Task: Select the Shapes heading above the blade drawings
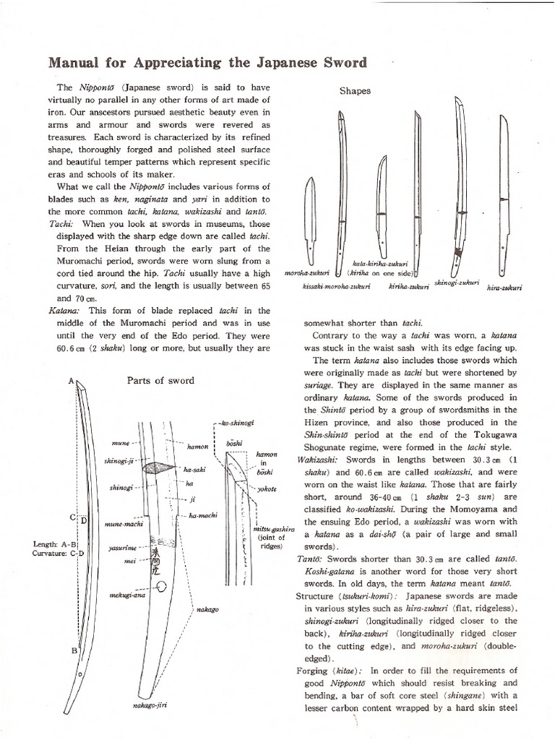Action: pos(355,91)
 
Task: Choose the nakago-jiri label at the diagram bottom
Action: pos(152,705)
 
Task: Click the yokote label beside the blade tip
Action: pos(266,489)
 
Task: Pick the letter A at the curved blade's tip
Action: pos(71,380)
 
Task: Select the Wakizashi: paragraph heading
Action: pos(320,460)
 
